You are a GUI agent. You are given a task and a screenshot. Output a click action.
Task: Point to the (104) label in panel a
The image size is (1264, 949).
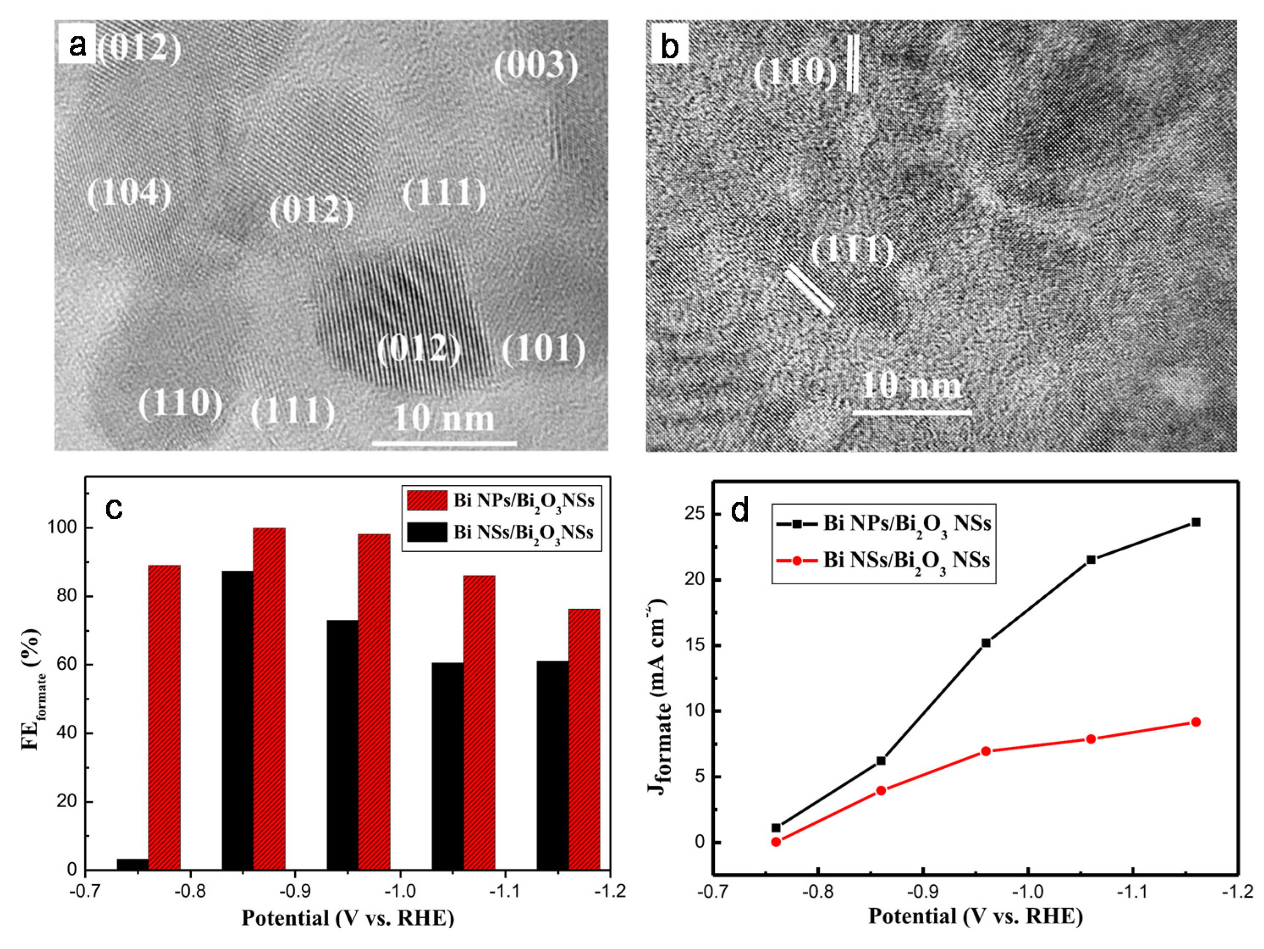[129, 193]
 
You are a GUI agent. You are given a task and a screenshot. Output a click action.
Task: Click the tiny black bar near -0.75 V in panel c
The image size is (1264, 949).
[132, 864]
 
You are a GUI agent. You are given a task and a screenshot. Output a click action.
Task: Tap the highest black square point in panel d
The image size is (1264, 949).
[1195, 522]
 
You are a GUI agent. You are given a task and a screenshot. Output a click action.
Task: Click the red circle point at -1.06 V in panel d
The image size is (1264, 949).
[1090, 739]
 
